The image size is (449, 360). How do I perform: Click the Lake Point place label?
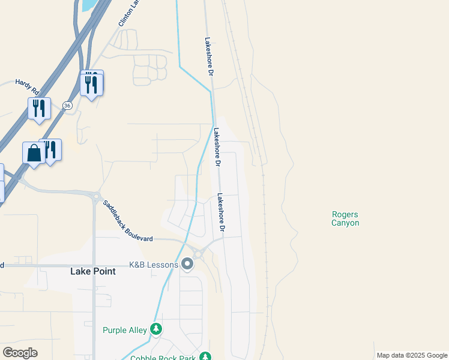(93, 271)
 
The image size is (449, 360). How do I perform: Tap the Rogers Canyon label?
(345, 218)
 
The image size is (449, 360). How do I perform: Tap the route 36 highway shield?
(67, 106)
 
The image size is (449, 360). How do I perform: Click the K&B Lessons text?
(154, 265)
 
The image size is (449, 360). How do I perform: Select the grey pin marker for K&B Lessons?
(187, 264)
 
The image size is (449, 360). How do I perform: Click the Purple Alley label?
(125, 330)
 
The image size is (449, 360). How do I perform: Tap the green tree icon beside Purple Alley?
(156, 329)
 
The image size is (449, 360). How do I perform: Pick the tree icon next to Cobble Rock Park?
(205, 357)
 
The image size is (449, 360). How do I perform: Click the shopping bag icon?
(34, 153)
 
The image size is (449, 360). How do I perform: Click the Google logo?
(20, 352)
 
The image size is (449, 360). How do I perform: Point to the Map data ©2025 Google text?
(412, 355)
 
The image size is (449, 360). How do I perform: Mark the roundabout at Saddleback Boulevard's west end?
(95, 196)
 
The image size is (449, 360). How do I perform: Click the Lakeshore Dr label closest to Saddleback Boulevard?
(221, 212)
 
